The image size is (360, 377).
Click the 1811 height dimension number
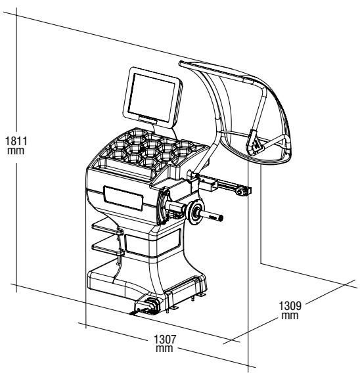[x=16, y=141]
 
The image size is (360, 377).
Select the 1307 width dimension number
[x=165, y=340]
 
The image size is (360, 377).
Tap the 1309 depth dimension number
[x=290, y=306]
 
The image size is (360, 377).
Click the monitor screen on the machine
[x=151, y=97]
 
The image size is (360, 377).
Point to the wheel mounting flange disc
[x=196, y=212]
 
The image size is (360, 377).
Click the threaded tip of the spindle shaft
[x=220, y=218]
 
